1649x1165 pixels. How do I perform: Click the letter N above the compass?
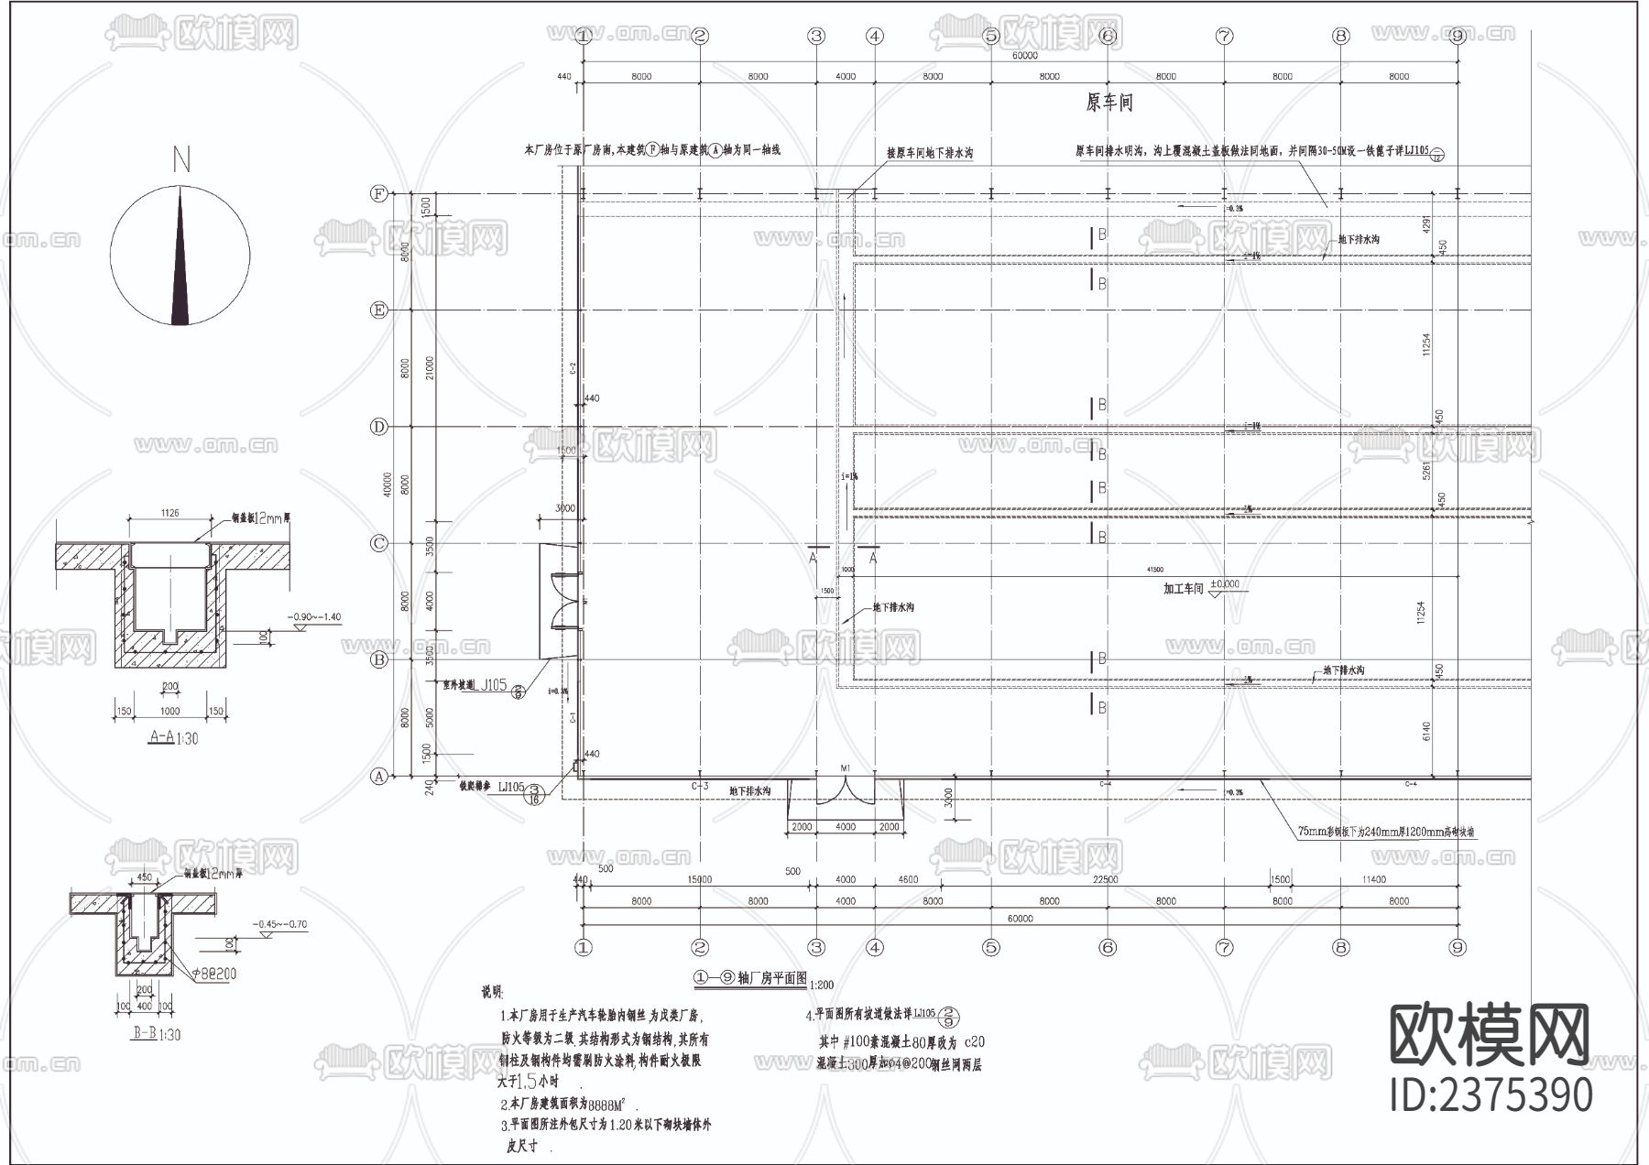(x=181, y=160)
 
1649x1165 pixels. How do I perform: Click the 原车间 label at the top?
(x=1108, y=103)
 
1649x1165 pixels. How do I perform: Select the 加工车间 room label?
(x=1183, y=588)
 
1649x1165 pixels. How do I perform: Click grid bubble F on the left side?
(x=378, y=193)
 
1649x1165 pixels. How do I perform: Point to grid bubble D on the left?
(x=378, y=427)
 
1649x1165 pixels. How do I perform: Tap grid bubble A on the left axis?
(x=378, y=776)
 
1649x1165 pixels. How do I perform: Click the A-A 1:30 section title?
(x=172, y=737)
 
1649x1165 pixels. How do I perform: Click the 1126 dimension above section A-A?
(x=169, y=513)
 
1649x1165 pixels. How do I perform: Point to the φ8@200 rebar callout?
(x=210, y=974)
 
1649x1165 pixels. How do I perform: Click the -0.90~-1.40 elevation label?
(x=313, y=616)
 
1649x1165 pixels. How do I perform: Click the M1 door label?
(x=845, y=768)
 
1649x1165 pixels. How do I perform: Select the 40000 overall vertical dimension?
(x=388, y=485)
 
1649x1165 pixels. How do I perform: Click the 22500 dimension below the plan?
(x=1106, y=879)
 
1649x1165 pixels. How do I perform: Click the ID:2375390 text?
(x=1491, y=1095)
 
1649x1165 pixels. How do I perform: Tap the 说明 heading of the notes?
(x=492, y=992)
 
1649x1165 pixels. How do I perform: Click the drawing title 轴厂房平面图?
(x=771, y=978)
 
